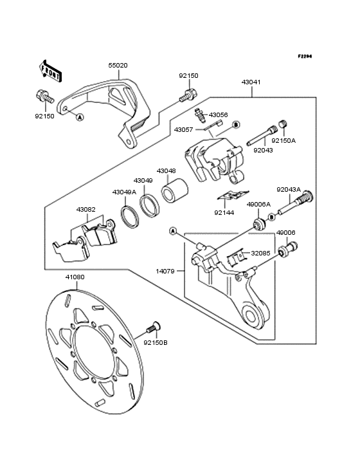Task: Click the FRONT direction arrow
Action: [50, 71]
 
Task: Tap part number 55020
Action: [118, 66]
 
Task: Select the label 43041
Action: [251, 82]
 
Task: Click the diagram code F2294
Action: [305, 56]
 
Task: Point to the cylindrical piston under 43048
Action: [175, 190]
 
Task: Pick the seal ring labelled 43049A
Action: [130, 217]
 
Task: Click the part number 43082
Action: [85, 209]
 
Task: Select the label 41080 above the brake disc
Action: [75, 277]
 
